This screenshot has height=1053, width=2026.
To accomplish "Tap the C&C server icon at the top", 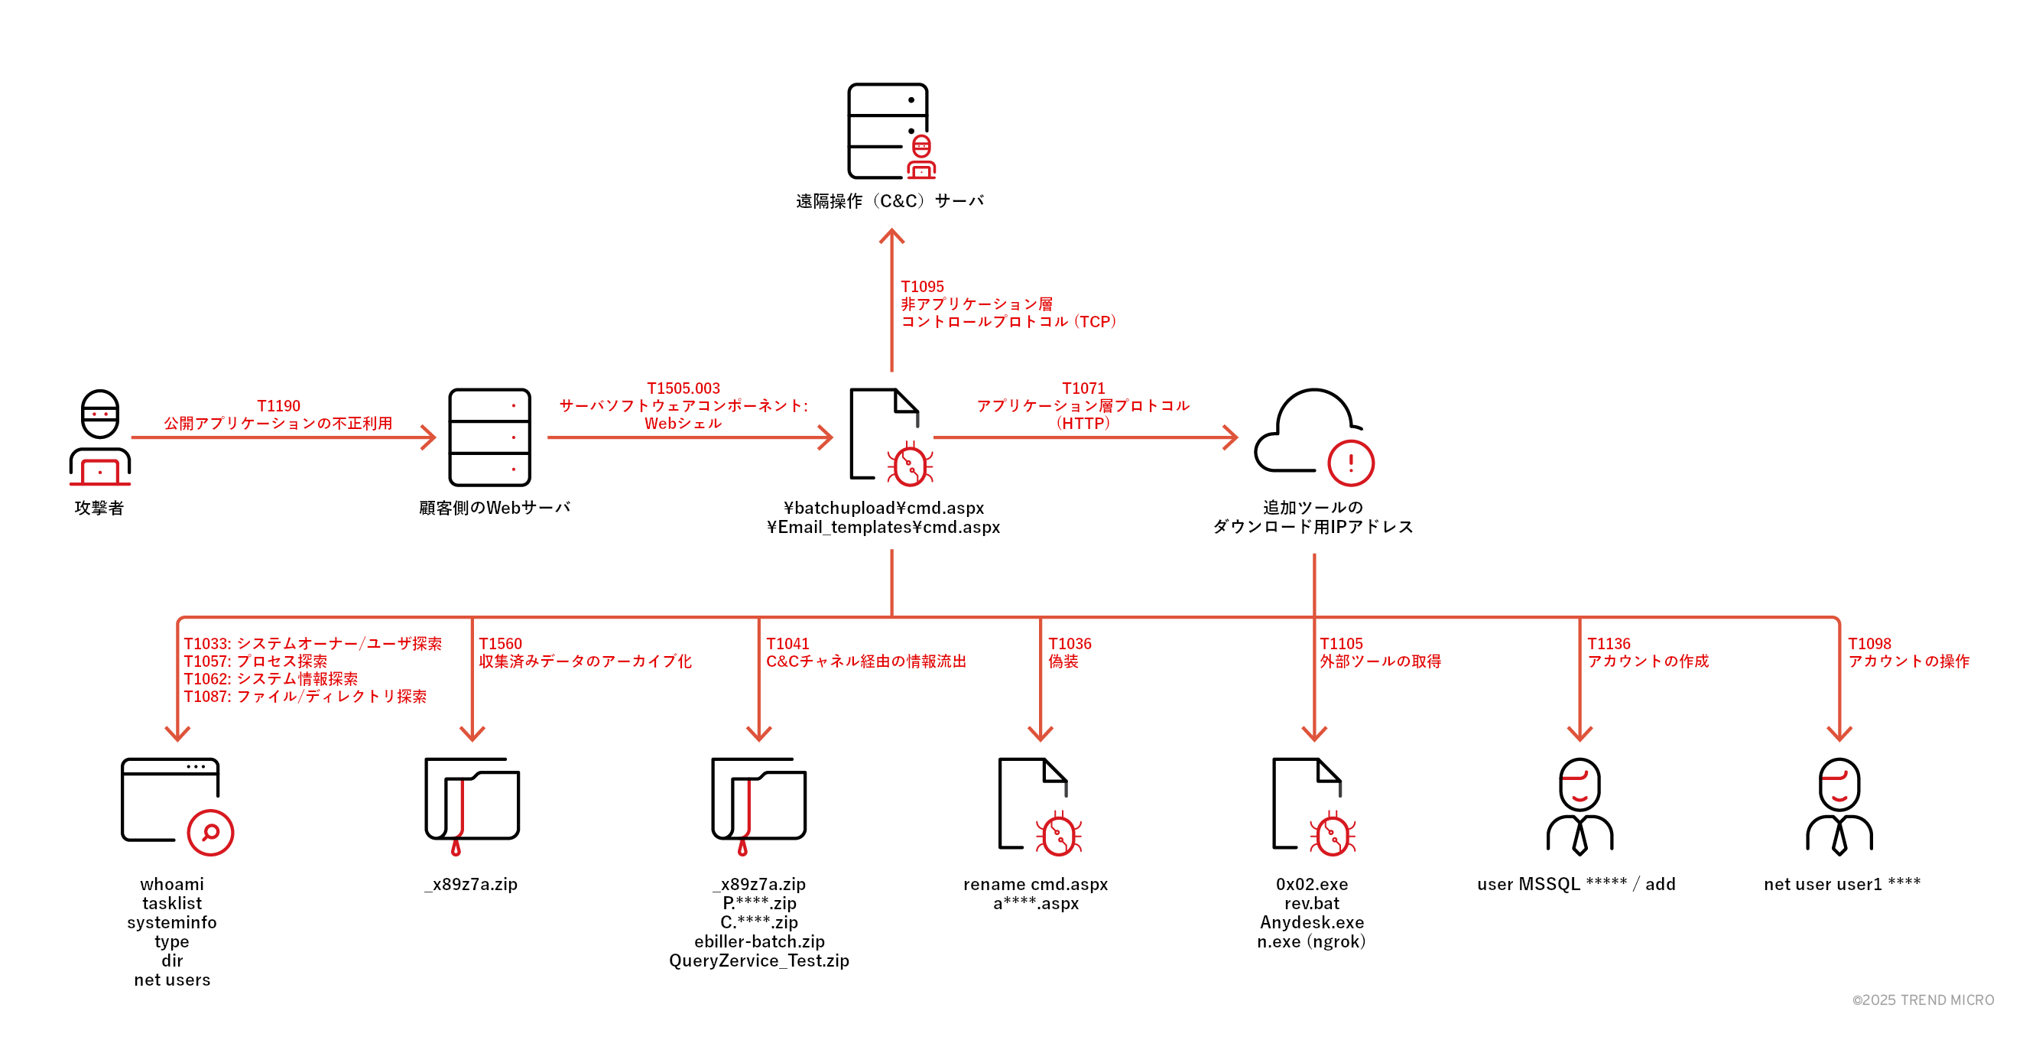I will tap(891, 132).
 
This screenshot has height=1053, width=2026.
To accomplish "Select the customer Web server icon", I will tap(489, 437).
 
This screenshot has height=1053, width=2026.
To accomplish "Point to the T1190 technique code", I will tap(278, 406).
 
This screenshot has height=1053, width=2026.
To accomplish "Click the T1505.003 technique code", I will tap(683, 388).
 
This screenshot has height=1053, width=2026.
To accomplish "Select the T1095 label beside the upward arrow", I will tap(922, 287).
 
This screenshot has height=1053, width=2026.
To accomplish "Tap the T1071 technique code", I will tap(1083, 388).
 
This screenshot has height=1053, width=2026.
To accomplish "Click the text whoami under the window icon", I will tap(171, 884).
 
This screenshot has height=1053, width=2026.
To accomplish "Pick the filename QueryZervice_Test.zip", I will tap(759, 961).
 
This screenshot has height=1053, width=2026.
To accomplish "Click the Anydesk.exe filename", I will tap(1312, 922).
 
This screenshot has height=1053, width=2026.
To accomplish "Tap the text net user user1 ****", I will tap(1841, 884).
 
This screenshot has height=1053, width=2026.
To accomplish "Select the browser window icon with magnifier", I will tap(176, 806).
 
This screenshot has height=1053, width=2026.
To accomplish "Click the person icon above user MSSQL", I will tap(1580, 806).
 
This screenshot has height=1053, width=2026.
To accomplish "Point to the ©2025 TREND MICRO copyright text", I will tap(1922, 1000).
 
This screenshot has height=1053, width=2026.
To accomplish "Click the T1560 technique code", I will tap(500, 644).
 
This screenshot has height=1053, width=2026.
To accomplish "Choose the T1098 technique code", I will tap(1869, 644).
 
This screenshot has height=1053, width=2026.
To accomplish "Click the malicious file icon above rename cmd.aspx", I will tap(1038, 806).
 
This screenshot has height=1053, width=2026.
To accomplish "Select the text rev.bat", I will tap(1312, 904).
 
